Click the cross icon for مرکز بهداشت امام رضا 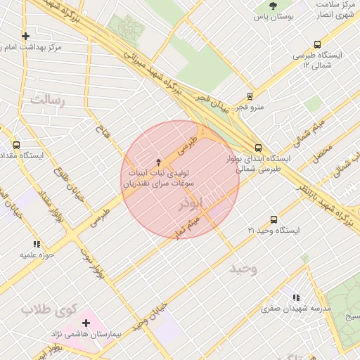pos(26,36)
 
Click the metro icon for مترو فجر pos(250,96)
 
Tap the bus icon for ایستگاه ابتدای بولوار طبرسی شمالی pos(258,148)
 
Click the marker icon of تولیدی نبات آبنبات pos(158,162)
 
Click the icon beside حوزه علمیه pos(37,244)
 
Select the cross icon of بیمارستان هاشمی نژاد pos(86,323)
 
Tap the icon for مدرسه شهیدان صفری pos(296,298)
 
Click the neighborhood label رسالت pos(47,100)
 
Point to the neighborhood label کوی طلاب pos(48,308)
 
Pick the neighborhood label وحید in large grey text pos(243,269)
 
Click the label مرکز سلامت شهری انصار pos(336,10)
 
